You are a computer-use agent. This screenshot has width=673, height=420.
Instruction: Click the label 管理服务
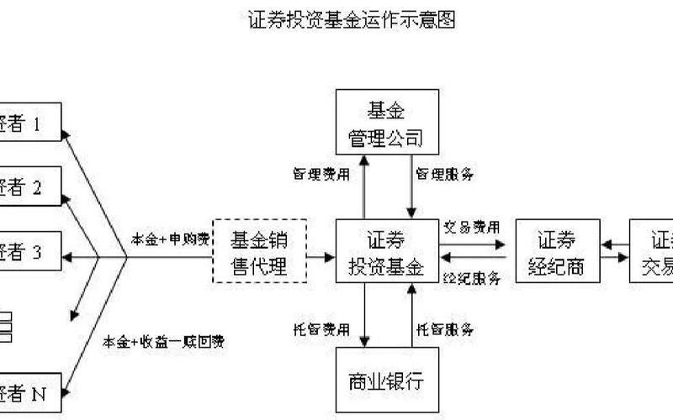445,175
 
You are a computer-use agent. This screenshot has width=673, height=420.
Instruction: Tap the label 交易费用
471,227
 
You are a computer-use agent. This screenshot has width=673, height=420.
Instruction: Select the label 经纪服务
471,276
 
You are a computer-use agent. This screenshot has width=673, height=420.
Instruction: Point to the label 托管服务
445,328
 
